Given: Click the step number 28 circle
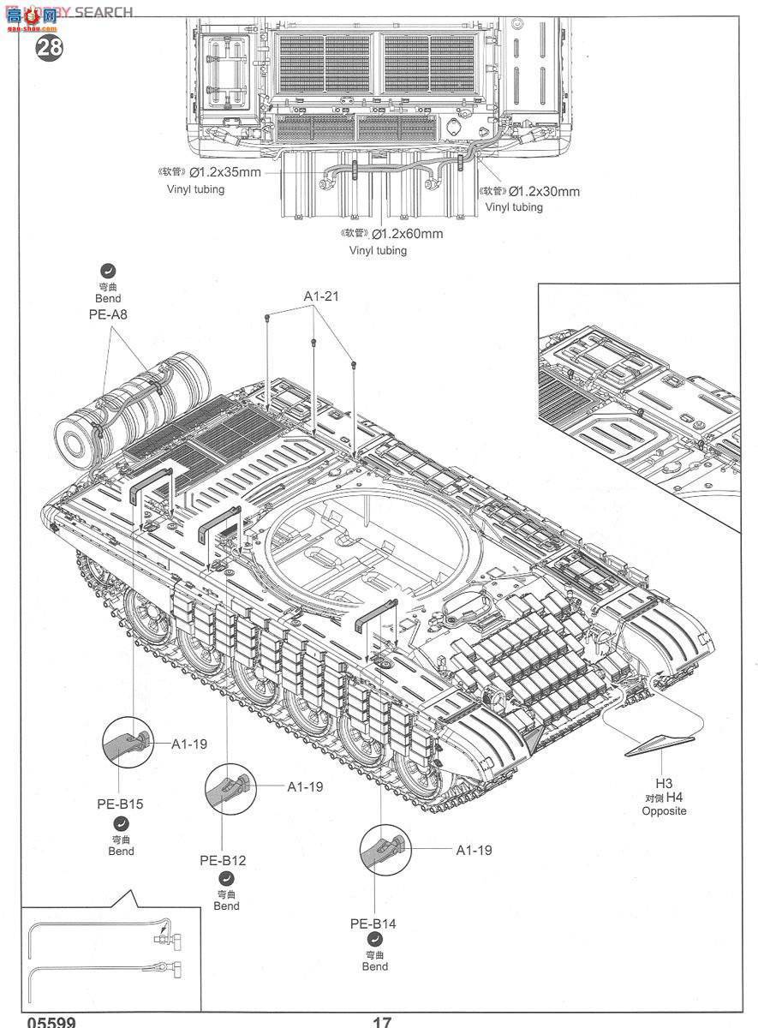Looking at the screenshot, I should pyautogui.click(x=50, y=47).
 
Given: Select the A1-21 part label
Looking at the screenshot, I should pyautogui.click(x=322, y=296).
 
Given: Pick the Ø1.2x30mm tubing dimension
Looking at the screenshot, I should pyautogui.click(x=543, y=191).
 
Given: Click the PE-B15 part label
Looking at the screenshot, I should pyautogui.click(x=120, y=804).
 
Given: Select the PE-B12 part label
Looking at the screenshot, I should pyautogui.click(x=223, y=860).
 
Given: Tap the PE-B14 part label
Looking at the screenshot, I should pyautogui.click(x=373, y=923).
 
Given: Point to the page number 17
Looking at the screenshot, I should pyautogui.click(x=382, y=1022).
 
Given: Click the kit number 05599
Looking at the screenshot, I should pyautogui.click(x=51, y=1022).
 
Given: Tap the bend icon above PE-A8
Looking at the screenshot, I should pyautogui.click(x=109, y=271).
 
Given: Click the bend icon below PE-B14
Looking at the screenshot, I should pyautogui.click(x=374, y=942).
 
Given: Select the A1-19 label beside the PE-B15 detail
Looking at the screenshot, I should pyautogui.click(x=188, y=744).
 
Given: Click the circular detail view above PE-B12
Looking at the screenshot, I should pyautogui.click(x=230, y=789).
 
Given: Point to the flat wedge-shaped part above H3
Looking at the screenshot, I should pyautogui.click(x=658, y=745).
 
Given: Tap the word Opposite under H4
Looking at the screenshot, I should pyautogui.click(x=664, y=811).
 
